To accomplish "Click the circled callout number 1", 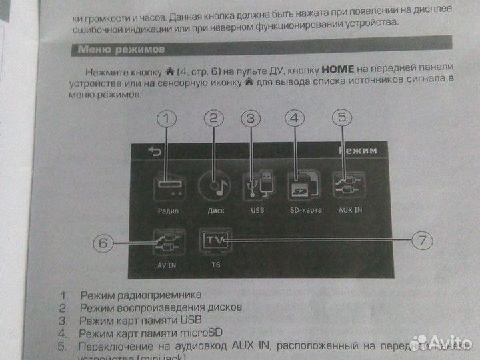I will point(169,119).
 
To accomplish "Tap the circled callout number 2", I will point(213,119).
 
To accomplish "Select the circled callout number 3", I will point(251,119).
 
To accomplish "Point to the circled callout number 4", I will point(294,119).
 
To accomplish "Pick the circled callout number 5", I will point(341,118).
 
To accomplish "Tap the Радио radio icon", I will point(169,186).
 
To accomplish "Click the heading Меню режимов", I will point(117,49).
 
